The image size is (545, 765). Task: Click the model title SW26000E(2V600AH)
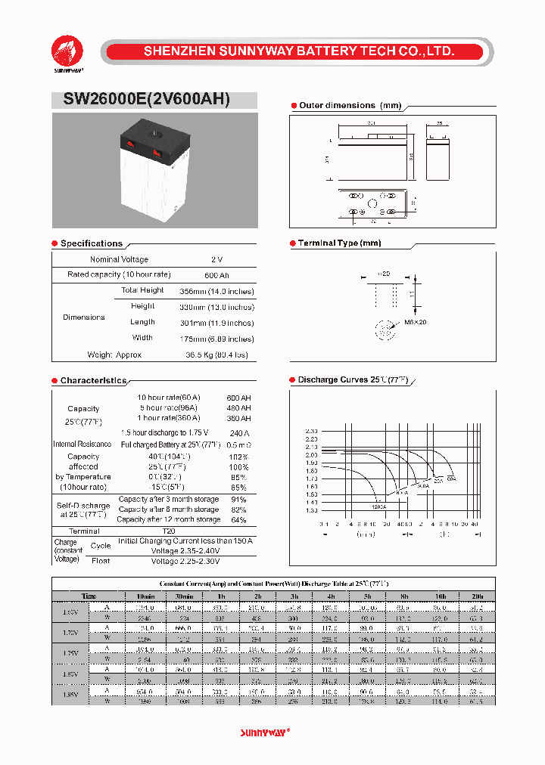click(141, 101)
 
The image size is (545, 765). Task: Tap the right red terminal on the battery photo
click(157, 153)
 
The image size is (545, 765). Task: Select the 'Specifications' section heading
click(91, 243)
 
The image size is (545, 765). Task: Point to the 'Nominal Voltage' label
click(119, 259)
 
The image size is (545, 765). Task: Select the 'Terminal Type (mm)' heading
click(339, 243)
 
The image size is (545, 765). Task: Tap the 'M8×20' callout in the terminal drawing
click(416, 322)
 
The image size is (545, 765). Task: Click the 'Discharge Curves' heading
click(353, 380)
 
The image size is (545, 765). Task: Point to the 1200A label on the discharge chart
click(357, 506)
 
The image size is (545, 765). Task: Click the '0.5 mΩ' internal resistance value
click(238, 444)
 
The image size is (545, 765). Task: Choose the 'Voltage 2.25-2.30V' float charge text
click(185, 562)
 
